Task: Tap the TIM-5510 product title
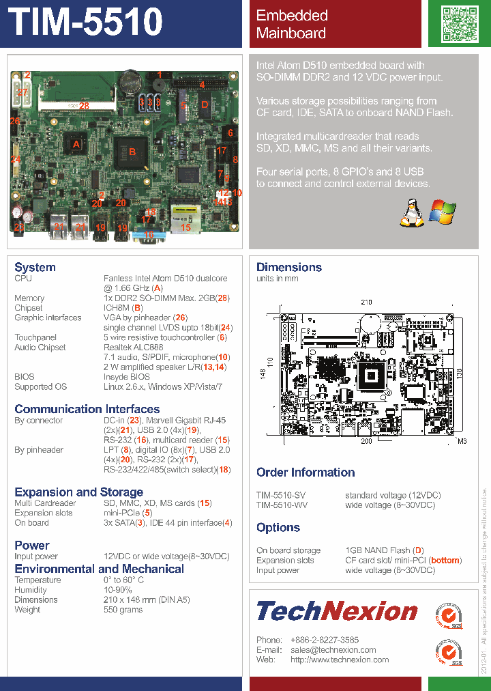pos(87,23)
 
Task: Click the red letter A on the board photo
pos(76,144)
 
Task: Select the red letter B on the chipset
pos(132,151)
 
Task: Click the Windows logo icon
pos(442,212)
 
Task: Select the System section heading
pos(35,267)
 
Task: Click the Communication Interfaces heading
pos(87,409)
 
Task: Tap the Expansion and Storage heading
pos(78,492)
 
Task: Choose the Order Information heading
pos(306,473)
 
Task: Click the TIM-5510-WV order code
pos(281,505)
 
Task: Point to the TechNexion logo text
pos(337,610)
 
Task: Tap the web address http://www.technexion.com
pos(340,660)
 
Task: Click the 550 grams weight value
pos(123,610)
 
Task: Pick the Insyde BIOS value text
pos(126,377)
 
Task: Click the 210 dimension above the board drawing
pos(366,302)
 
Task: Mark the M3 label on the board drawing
pos(462,442)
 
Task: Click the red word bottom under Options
pos(445,561)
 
